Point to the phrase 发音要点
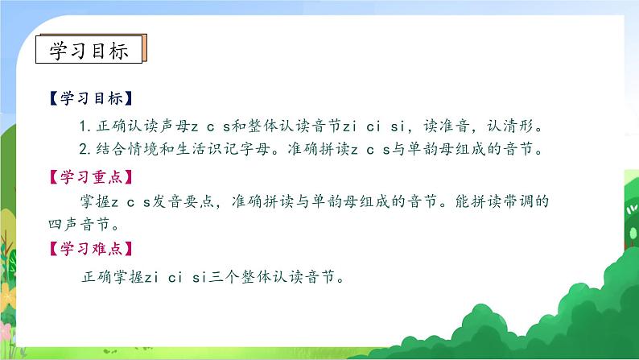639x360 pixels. coord(180,200)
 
